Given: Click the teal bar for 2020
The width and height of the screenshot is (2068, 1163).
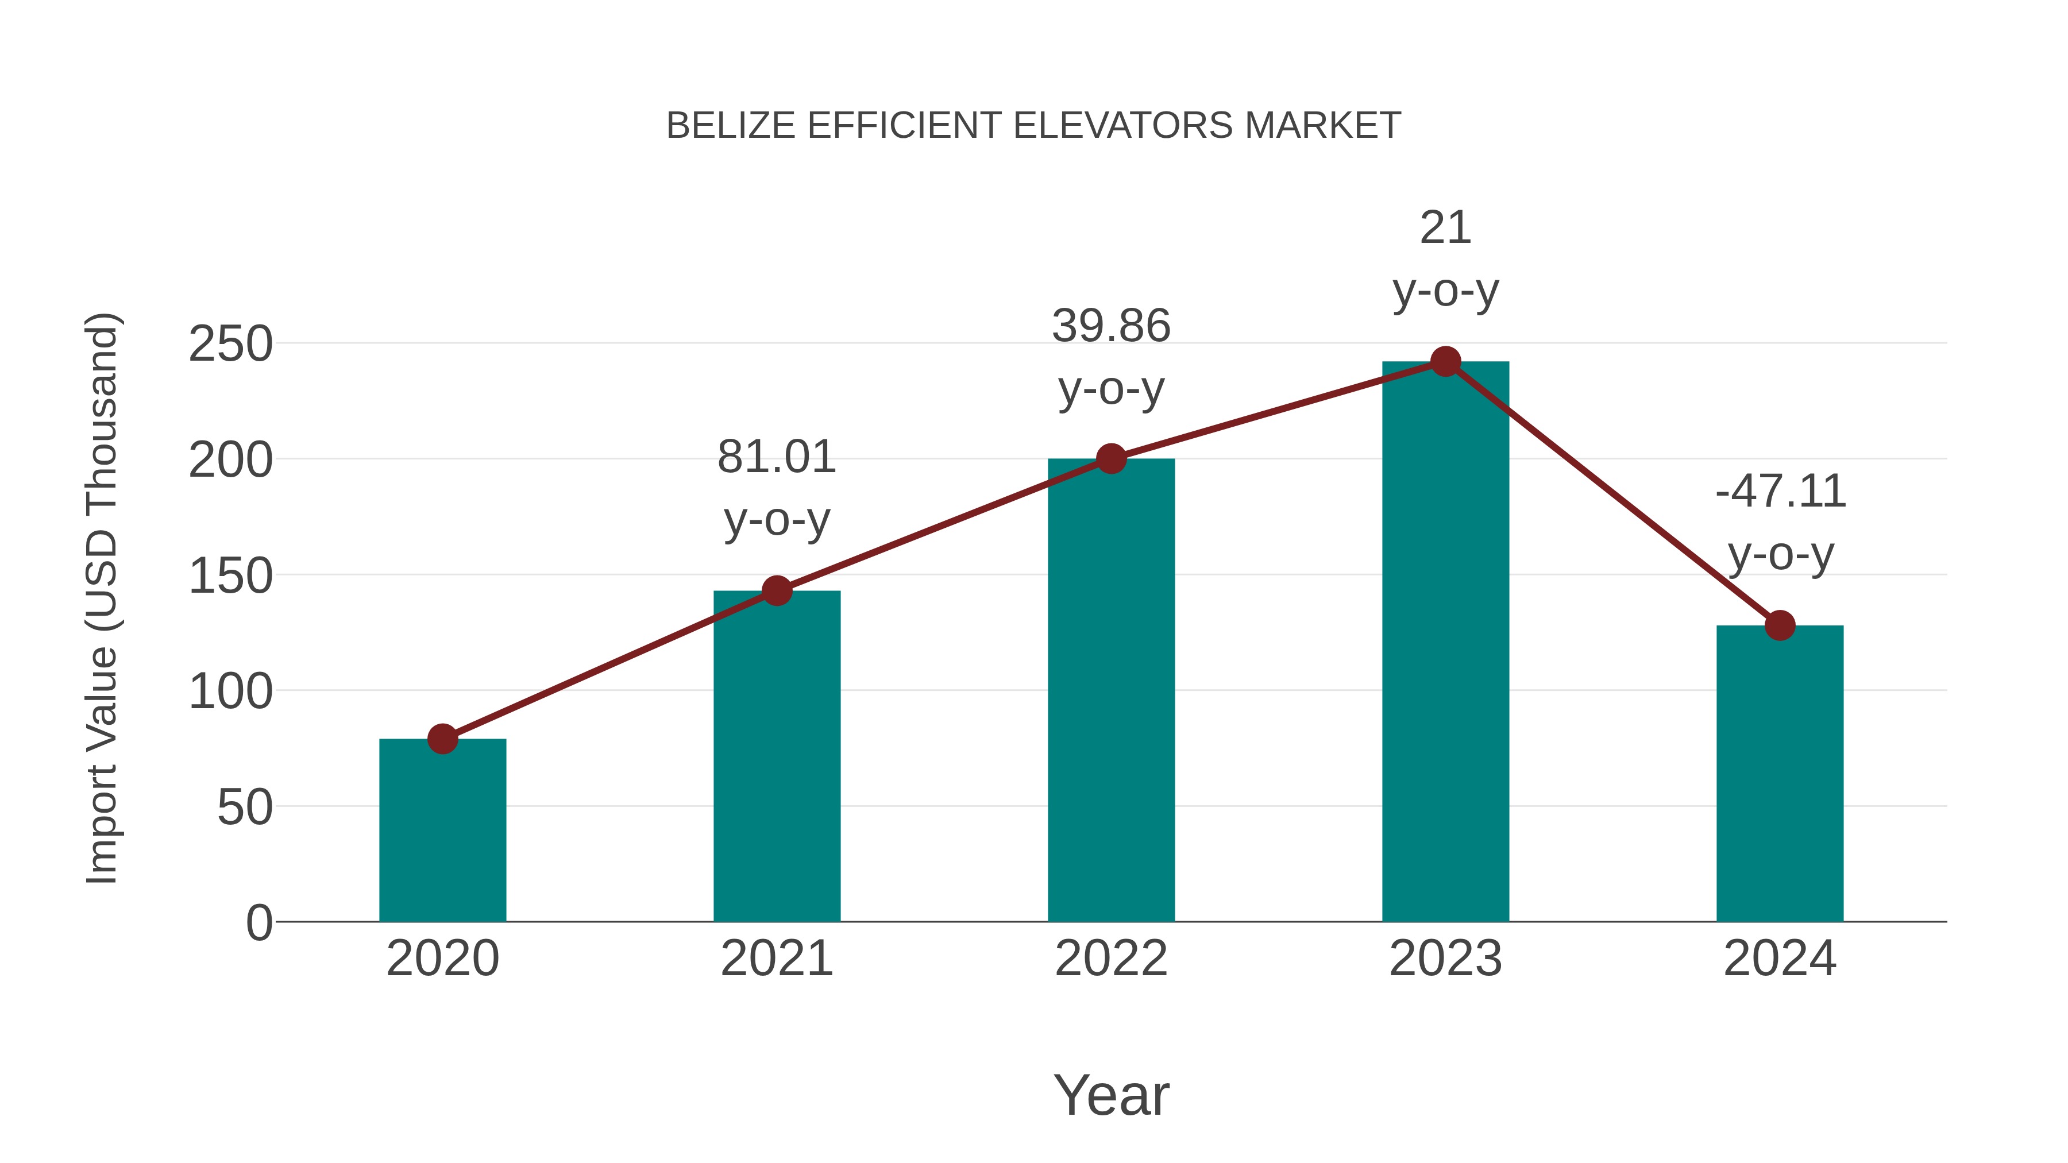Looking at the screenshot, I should point(442,830).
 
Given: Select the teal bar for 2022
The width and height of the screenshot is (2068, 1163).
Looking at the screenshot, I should point(1111,690).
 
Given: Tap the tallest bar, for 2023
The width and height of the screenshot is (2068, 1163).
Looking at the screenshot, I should point(1445,642).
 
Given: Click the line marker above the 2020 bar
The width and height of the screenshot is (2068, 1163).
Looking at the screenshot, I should point(442,739).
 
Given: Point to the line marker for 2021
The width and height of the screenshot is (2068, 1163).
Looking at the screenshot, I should point(776,591).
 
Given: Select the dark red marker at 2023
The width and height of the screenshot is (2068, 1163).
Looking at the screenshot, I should point(1445,362).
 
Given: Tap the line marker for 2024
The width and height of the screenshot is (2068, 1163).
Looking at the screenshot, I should point(1780,625).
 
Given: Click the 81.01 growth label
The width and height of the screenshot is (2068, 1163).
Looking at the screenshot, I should point(776,458).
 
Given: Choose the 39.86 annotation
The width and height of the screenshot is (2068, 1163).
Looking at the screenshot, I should point(1111,327).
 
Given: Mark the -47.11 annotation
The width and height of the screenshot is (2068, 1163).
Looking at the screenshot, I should point(1780,492).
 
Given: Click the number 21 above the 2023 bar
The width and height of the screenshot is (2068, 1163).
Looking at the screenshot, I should point(1445,228).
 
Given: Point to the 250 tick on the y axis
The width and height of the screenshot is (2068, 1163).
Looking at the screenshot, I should point(230,345).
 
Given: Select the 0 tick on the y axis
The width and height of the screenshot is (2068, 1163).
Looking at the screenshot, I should point(258,922).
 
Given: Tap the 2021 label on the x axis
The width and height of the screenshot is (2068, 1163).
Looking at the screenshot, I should point(776,959).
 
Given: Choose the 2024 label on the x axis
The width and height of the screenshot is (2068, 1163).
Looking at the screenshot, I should point(1780,959).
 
